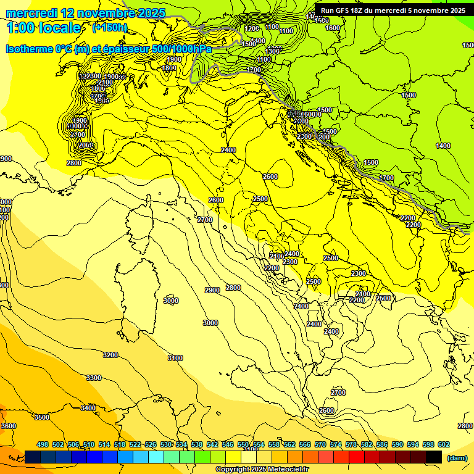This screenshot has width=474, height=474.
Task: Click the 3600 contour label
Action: tap(9, 426)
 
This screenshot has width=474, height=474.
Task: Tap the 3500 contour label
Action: tap(41, 417)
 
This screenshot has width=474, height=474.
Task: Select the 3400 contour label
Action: tap(88, 407)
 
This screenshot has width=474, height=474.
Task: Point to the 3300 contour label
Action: tap(94, 378)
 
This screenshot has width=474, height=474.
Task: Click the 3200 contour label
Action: tap(110, 355)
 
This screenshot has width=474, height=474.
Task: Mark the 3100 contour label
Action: tap(175, 358)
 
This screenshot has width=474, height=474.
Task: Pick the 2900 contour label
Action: tap(212, 290)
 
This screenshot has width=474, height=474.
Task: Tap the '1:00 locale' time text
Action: tap(43, 28)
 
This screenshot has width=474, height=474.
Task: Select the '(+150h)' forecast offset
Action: tap(110, 28)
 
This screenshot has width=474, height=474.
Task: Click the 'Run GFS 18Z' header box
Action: tap(393, 10)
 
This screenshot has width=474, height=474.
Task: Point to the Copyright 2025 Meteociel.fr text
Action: tap(262, 469)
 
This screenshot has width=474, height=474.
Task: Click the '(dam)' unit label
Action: tap(457, 457)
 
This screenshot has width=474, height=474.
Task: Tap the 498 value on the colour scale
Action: tap(43, 444)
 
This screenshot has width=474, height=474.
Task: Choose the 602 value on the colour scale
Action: tap(444, 444)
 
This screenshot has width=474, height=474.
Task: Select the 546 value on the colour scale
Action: tap(228, 444)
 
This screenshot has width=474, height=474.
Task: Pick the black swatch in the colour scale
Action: tap(434, 457)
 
